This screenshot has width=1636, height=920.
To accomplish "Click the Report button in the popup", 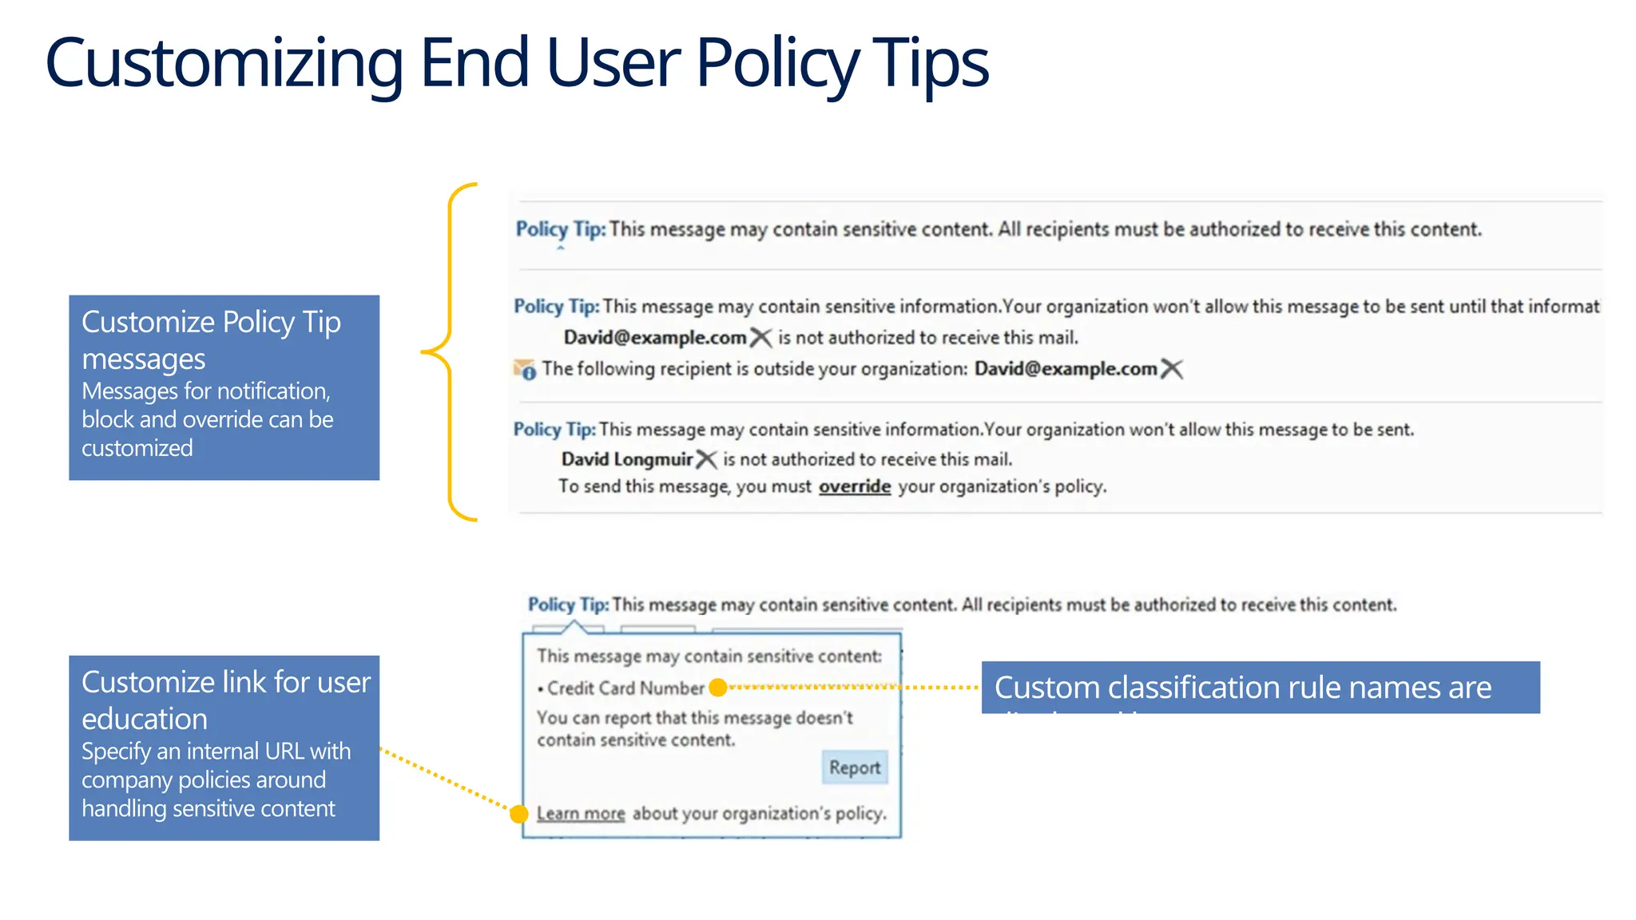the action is coord(854,767).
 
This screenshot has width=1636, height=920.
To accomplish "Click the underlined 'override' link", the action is coord(854,486).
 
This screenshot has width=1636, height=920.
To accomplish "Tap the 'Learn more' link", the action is coord(581,814).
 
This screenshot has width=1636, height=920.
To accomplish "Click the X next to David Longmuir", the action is coord(706,459).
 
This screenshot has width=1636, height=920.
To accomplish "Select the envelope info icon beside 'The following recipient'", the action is coord(524,370).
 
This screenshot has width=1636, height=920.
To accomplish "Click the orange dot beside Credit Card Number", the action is coord(718,688).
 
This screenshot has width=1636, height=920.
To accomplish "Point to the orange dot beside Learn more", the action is coord(519,814).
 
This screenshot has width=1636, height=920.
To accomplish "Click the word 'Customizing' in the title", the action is coord(224,64).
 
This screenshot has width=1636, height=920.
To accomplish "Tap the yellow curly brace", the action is coord(449,351).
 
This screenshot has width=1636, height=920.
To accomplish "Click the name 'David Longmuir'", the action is coord(626,459).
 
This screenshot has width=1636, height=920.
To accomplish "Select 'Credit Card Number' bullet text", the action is coord(625,688).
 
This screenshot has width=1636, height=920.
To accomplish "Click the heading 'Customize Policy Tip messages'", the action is coord(211,340).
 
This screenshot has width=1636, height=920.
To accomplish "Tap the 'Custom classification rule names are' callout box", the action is coord(1260,688).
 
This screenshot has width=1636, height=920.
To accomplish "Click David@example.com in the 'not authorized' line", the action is coord(654,338).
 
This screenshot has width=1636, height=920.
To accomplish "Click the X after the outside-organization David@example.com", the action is coord(1171,369).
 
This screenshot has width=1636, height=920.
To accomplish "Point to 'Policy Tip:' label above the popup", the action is coord(568,605).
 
